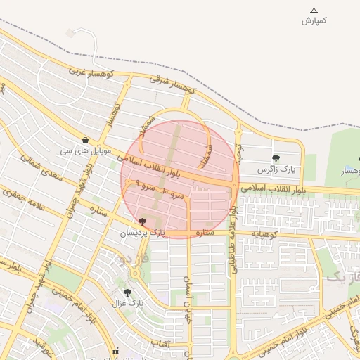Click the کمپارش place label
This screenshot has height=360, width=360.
pyautogui.click(x=314, y=21)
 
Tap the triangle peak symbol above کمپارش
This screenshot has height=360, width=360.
pyautogui.click(x=314, y=11)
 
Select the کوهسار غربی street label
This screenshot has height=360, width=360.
pyautogui.click(x=86, y=71)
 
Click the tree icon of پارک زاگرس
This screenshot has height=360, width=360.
pyautogui.click(x=275, y=158)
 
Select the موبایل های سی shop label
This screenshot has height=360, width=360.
pyautogui.click(x=84, y=150)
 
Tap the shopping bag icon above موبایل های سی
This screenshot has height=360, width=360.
pyautogui.click(x=85, y=139)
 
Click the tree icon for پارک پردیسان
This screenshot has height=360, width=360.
pyautogui.click(x=143, y=221)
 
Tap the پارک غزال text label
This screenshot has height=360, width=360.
pyautogui.click(x=127, y=303)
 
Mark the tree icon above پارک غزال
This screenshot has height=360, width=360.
pyautogui.click(x=127, y=292)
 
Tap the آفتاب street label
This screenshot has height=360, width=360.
pyautogui.click(x=159, y=342)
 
